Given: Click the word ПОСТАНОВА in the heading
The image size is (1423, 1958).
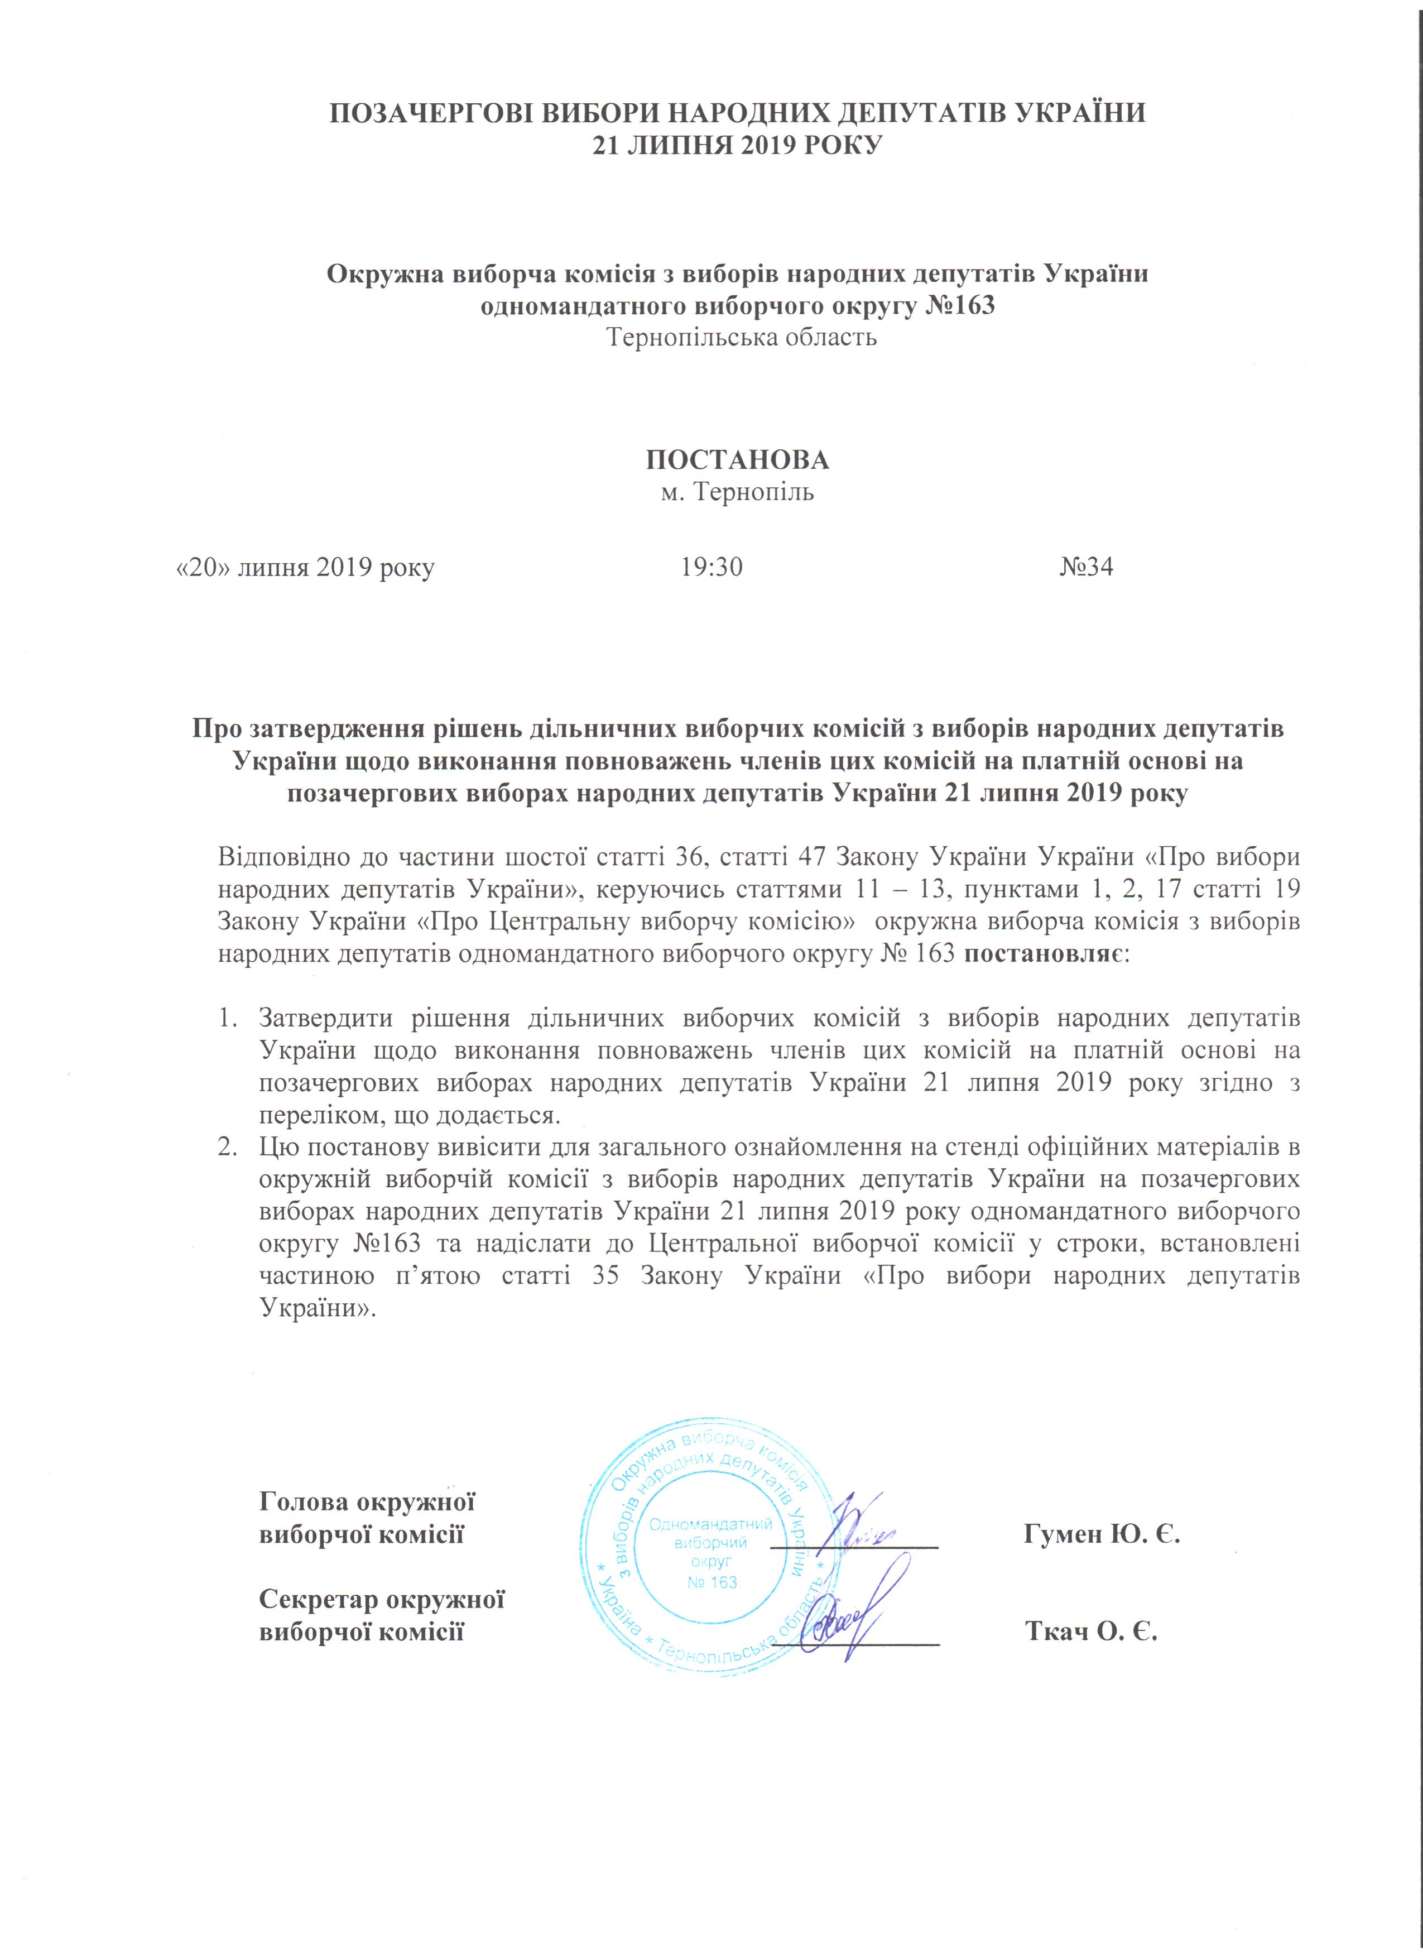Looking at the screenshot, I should (737, 460).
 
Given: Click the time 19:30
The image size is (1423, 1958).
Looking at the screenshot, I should (711, 567).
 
